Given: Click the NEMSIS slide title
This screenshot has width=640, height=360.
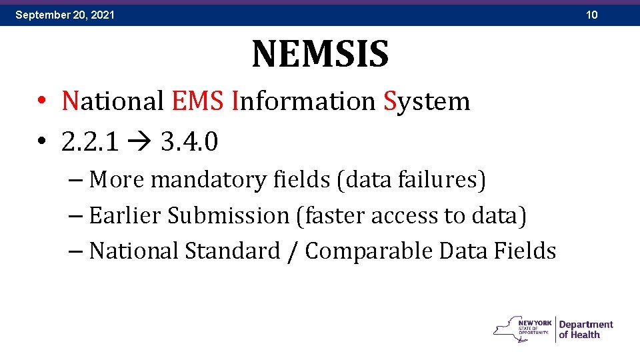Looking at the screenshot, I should coord(320,54).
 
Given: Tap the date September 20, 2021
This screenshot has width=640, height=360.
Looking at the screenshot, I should coord(65,14).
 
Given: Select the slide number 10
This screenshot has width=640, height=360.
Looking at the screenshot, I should coord(592,14).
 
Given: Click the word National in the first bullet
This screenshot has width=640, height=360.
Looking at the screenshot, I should coord(113,101).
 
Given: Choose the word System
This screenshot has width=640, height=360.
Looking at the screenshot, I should coord(427,101).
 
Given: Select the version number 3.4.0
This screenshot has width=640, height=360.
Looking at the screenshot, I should coord(189,141).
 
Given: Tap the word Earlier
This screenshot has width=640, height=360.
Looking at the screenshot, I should coord(125,215).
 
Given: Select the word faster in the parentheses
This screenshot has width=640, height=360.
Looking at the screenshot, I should coord(335,215).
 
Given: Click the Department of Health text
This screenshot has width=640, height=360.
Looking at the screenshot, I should coord(585,329).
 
